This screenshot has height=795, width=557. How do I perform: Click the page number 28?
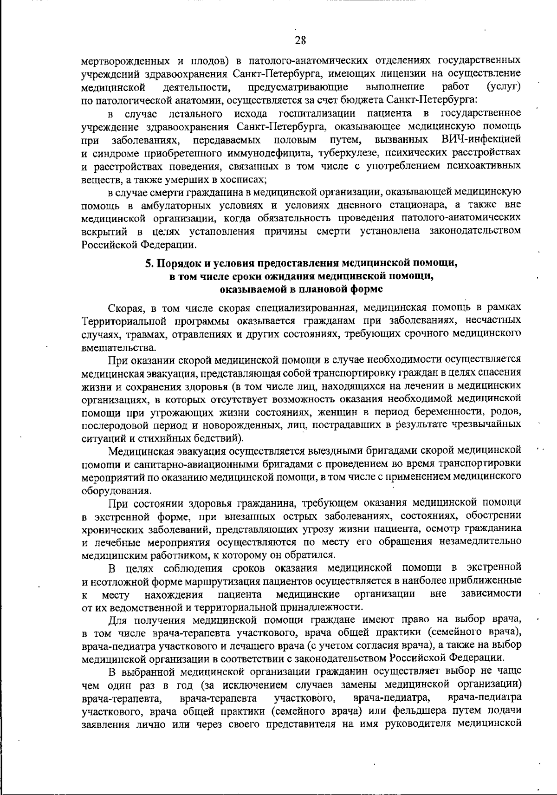click(x=300, y=40)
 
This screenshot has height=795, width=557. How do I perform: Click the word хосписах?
click(x=244, y=179)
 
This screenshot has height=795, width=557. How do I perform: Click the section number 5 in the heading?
click(x=148, y=263)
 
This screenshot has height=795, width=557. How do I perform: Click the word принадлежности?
click(x=328, y=607)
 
